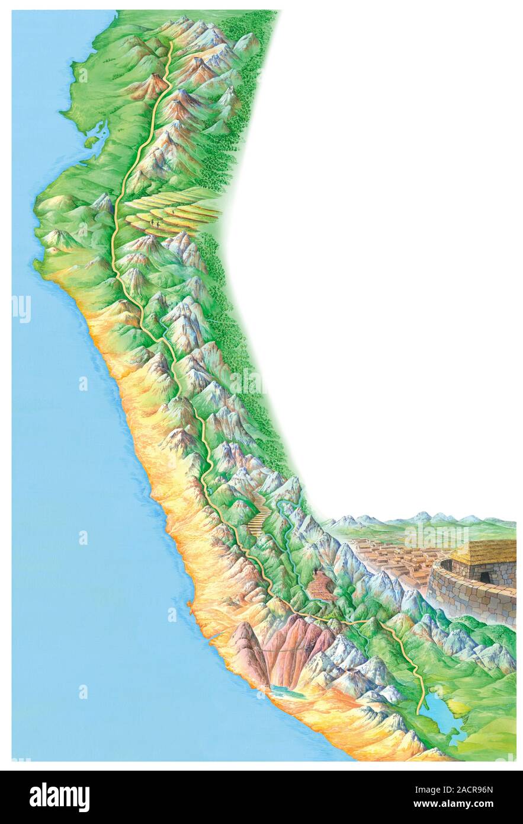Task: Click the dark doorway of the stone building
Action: pyautogui.click(x=484, y=577)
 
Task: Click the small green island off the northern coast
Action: pyautogui.click(x=91, y=142)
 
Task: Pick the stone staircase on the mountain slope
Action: pyautogui.click(x=260, y=516)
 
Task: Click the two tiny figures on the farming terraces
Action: pyautogui.click(x=155, y=222)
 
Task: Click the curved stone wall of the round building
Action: pyautogui.click(x=468, y=599)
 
